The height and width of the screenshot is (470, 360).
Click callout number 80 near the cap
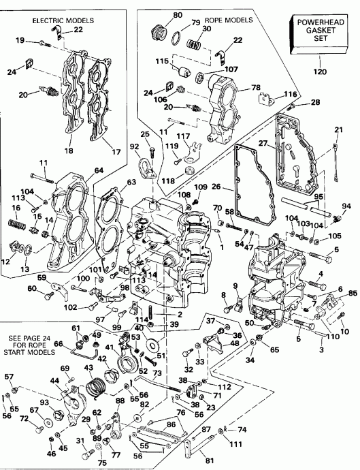159,14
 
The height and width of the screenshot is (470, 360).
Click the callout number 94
346,207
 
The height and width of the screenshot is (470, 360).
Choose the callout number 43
86,369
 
